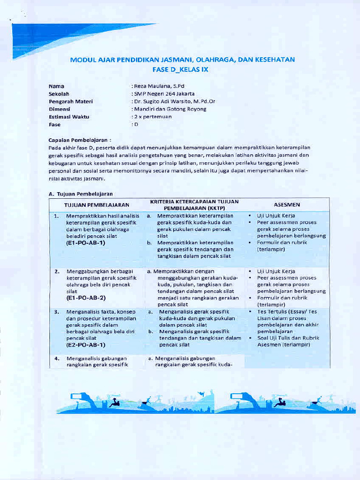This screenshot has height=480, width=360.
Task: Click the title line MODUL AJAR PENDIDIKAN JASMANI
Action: click(182, 60)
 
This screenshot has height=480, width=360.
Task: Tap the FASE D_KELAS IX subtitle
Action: click(180, 69)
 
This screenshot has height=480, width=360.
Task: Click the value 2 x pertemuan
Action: click(153, 116)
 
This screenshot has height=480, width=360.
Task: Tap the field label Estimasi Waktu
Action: click(69, 117)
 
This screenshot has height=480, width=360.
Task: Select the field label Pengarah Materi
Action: click(71, 101)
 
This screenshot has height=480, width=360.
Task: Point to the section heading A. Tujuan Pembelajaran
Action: click(81, 193)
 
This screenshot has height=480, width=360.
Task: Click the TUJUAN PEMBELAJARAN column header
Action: click(97, 205)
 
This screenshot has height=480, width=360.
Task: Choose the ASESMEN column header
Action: click(287, 205)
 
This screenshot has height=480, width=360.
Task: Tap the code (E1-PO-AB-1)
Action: click(86, 243)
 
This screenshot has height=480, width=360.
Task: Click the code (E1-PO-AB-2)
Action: click(86, 298)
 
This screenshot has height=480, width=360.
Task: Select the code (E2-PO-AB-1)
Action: click(86, 345)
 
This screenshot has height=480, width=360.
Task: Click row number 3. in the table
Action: click(56, 311)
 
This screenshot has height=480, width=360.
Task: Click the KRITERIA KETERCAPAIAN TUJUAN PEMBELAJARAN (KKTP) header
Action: click(194, 204)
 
